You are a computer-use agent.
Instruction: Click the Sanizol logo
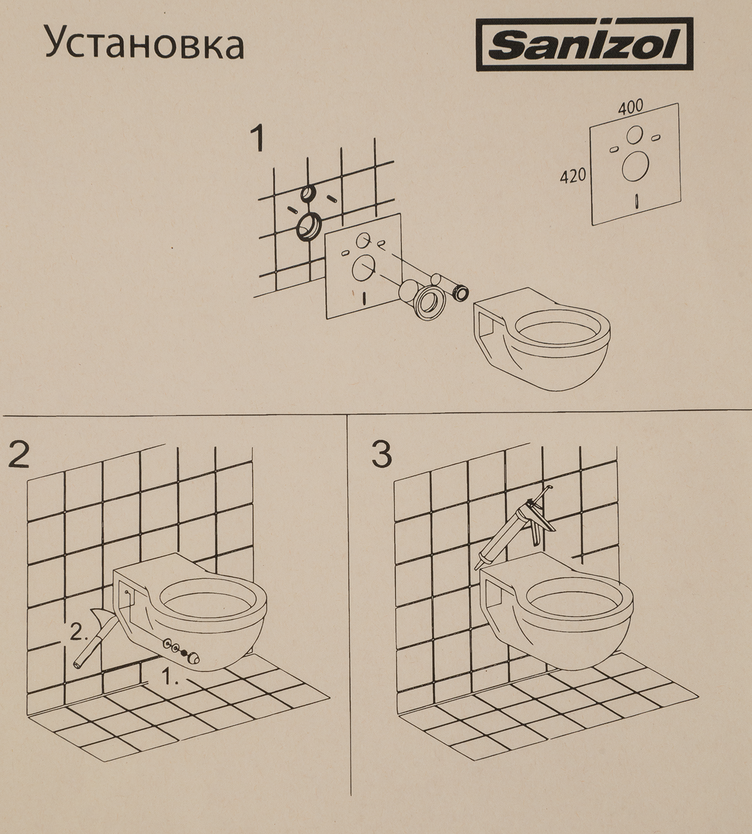[585, 44]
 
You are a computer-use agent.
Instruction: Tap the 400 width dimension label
[630, 109]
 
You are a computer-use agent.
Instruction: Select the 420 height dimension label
[573, 177]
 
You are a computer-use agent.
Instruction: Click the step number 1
[257, 139]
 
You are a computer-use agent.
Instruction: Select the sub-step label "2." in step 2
[79, 633]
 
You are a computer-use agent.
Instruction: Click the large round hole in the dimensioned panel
[636, 166]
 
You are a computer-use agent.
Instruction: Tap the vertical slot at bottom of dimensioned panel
[637, 201]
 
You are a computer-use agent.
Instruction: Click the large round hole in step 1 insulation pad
[362, 270]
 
